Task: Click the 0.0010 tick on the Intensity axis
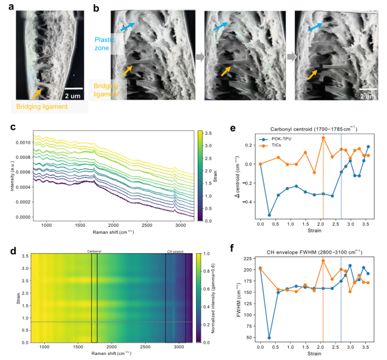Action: pos(22,143)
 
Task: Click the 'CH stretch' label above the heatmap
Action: pos(175,252)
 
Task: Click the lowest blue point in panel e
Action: pos(269,215)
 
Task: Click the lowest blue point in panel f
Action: pos(269,338)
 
